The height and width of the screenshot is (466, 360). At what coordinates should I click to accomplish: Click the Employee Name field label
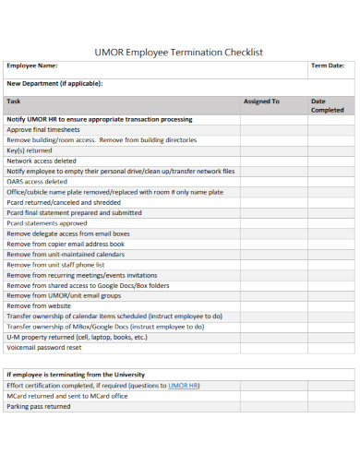click(x=32, y=66)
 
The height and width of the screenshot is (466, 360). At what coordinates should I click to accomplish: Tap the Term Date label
click(x=328, y=66)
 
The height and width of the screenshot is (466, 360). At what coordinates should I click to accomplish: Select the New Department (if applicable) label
click(x=54, y=83)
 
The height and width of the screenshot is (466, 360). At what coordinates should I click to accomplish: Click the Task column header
click(x=14, y=101)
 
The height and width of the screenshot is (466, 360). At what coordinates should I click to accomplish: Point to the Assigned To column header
click(x=261, y=101)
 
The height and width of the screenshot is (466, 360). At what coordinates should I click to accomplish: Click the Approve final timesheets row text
click(x=44, y=129)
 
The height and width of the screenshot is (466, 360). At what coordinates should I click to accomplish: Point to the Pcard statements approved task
click(x=47, y=222)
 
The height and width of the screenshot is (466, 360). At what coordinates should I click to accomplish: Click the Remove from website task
click(x=39, y=305)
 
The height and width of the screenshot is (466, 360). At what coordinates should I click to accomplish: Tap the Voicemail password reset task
click(x=44, y=348)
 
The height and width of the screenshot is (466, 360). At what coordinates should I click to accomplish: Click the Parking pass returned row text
click(x=39, y=406)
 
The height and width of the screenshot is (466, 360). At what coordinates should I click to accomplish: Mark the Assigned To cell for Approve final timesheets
click(x=269, y=129)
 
